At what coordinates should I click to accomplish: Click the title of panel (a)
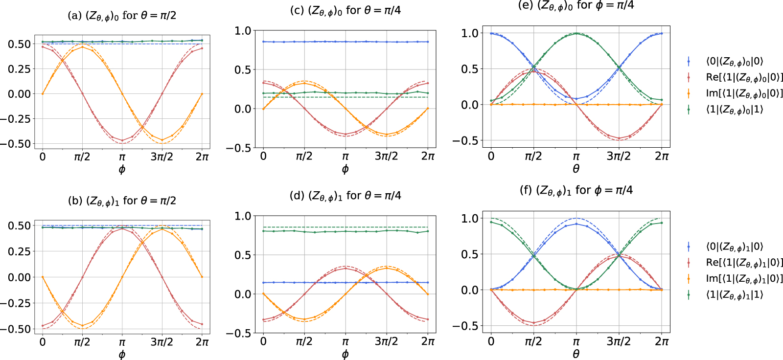coord(122,16)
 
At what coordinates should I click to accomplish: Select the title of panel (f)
coord(576,190)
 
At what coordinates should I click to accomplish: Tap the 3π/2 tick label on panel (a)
coord(161,157)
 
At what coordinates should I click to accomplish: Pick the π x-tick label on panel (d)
coord(345,341)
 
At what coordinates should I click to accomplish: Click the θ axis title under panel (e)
coord(576,169)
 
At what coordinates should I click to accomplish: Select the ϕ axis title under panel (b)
coord(122,355)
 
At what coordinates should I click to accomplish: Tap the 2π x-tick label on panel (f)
coord(662,341)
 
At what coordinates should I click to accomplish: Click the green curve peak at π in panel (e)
coord(576,34)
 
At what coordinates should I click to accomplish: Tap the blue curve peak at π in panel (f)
coord(576,224)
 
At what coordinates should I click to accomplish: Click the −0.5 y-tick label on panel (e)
coord(464,141)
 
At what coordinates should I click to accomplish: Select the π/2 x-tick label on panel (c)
coord(304,157)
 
